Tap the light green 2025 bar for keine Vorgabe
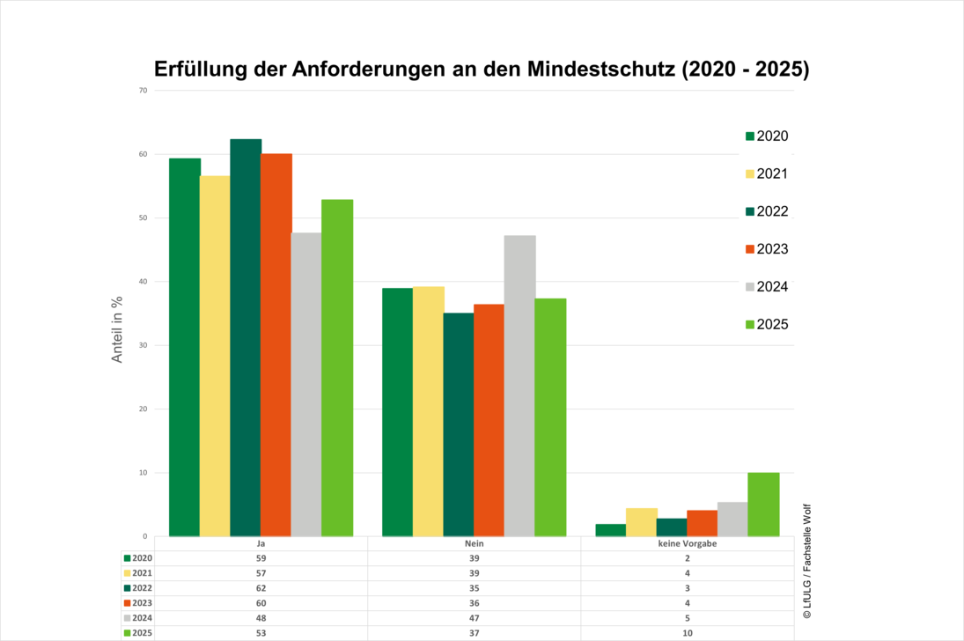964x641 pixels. (x=763, y=505)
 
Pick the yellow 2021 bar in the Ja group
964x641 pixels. (x=215, y=356)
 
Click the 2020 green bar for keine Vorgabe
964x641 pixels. (x=610, y=530)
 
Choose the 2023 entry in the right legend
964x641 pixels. (x=767, y=249)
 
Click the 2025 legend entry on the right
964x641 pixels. (x=767, y=325)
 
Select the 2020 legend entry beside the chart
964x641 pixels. (x=767, y=136)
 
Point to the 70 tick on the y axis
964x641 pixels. (x=143, y=91)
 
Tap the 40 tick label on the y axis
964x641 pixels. (x=143, y=282)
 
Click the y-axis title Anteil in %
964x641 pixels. (x=117, y=330)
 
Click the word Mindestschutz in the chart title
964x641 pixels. (x=602, y=70)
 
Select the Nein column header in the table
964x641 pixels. (x=475, y=544)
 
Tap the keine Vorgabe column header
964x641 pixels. (x=687, y=544)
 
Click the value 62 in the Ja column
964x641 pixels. (x=261, y=588)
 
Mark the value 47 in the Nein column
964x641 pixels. (x=475, y=618)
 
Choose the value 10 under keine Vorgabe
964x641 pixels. (x=687, y=633)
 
